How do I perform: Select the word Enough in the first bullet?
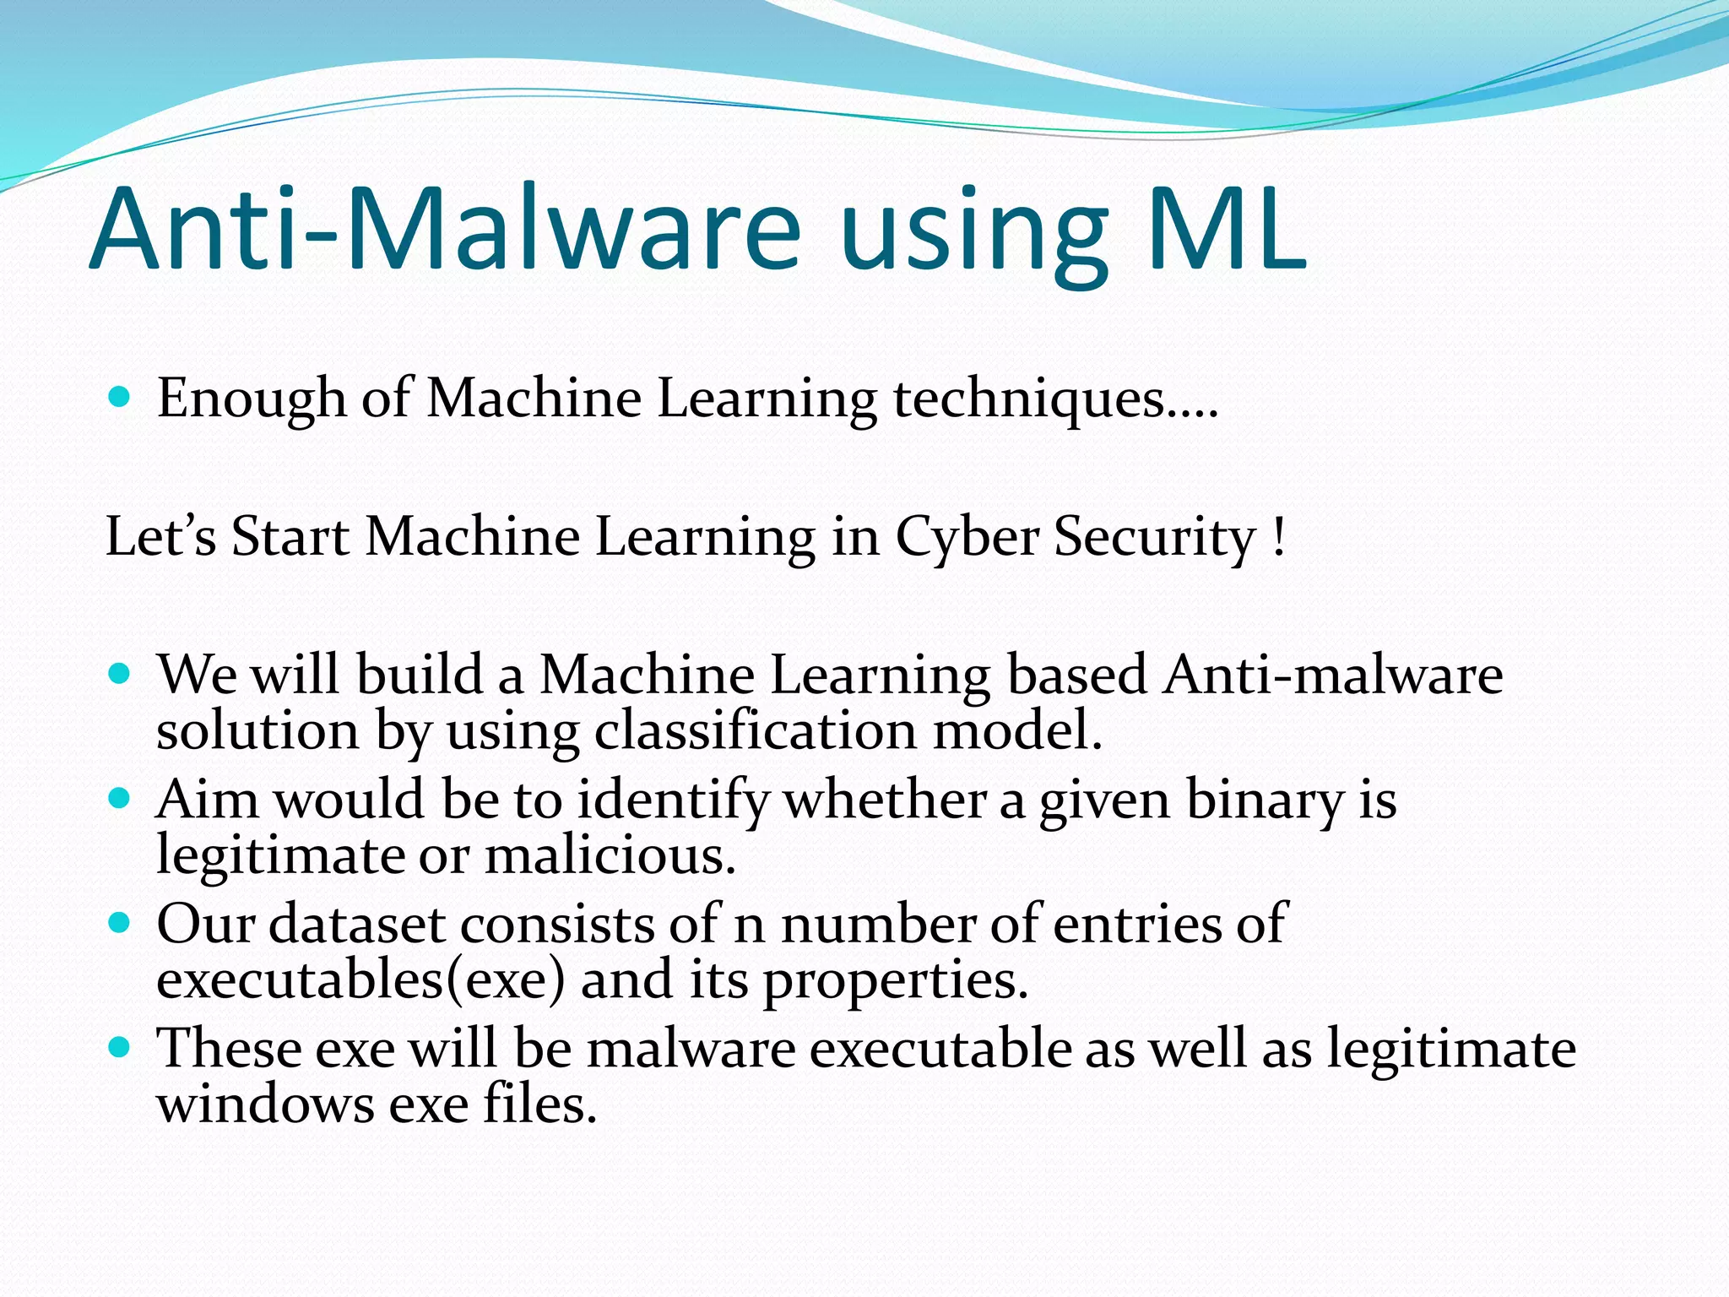(251, 399)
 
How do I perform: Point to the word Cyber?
(966, 538)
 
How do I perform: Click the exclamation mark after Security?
(1278, 538)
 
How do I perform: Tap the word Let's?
(160, 536)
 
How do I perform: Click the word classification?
(755, 730)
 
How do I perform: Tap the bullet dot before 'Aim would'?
(120, 798)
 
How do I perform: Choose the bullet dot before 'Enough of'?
(120, 396)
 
